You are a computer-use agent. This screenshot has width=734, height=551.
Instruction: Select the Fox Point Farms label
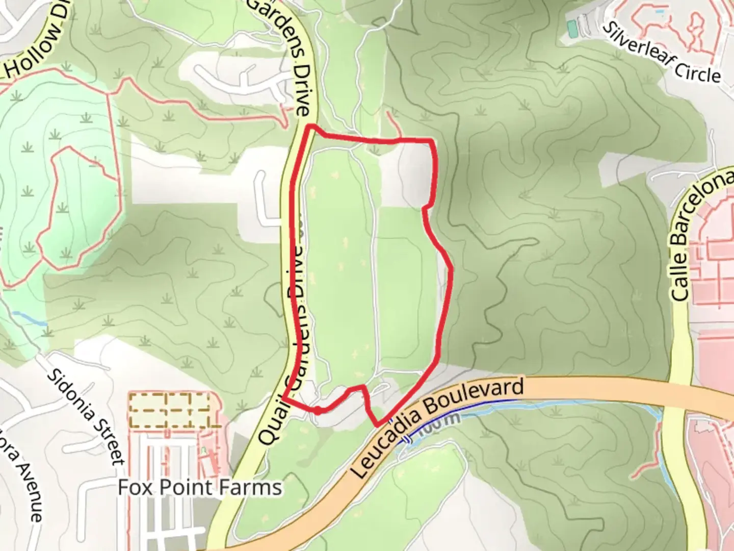tap(199, 487)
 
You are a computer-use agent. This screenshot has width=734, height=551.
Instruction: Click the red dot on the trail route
tap(317, 410)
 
